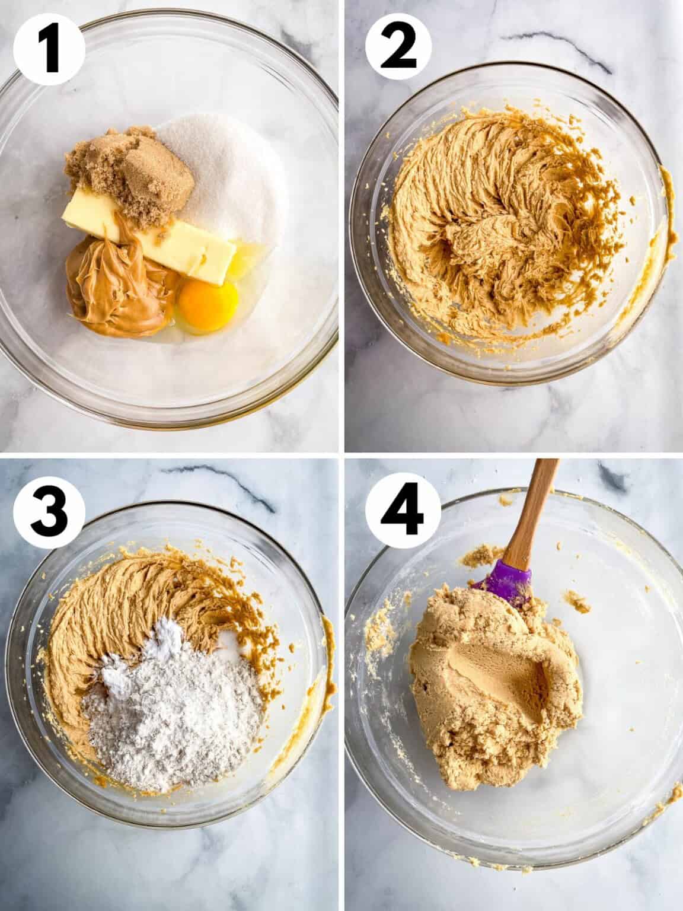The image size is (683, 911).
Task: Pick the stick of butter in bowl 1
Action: (x=172, y=237)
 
